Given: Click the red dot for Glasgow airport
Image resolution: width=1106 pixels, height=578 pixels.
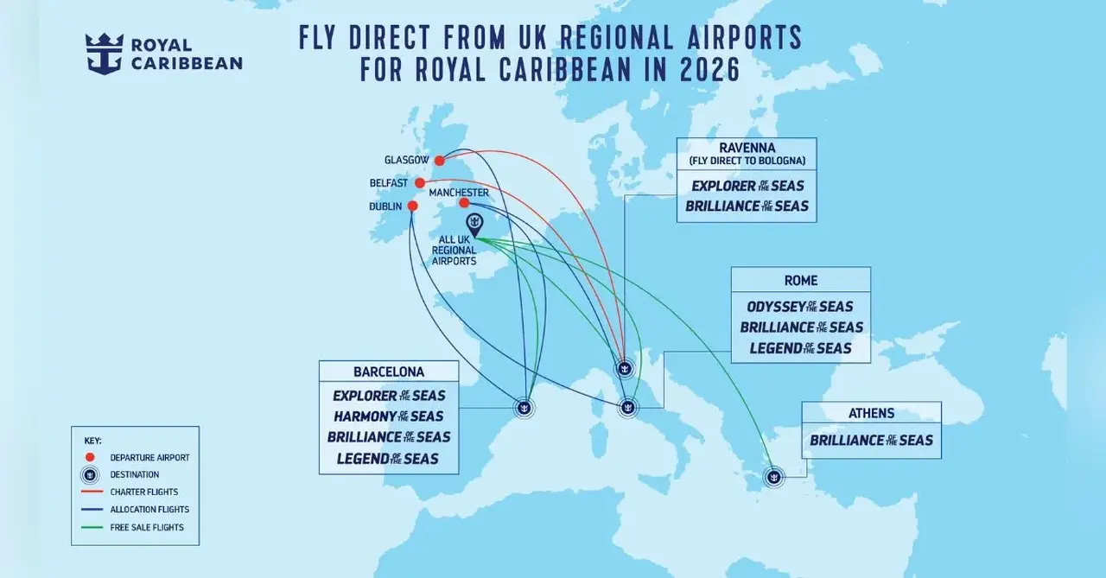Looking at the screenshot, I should [439, 160].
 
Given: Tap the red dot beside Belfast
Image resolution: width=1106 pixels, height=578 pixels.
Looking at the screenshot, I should [420, 183].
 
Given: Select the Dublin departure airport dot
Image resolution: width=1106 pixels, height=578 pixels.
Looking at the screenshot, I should [412, 206].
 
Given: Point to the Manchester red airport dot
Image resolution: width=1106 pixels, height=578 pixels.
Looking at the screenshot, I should [464, 203].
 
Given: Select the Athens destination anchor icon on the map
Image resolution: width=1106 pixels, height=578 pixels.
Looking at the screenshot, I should [774, 475].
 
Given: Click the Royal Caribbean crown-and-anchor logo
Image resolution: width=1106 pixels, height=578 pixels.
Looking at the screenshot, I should [104, 54].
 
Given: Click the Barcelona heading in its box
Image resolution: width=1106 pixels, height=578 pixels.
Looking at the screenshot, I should [389, 372].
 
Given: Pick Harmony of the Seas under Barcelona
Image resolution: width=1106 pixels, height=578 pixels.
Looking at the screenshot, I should [388, 416].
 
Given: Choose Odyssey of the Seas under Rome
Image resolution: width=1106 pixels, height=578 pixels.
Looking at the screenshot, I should [800, 307].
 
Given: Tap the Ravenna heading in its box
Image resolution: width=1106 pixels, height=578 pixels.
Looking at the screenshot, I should [747, 148].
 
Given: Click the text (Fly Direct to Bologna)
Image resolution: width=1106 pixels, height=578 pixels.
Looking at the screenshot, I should [747, 162].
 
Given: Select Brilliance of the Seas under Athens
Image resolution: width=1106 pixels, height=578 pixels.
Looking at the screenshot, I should [871, 441].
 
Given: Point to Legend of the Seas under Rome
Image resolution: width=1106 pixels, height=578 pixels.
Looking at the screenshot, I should [800, 348].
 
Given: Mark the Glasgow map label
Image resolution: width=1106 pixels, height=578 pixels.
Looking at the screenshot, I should [406, 161].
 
